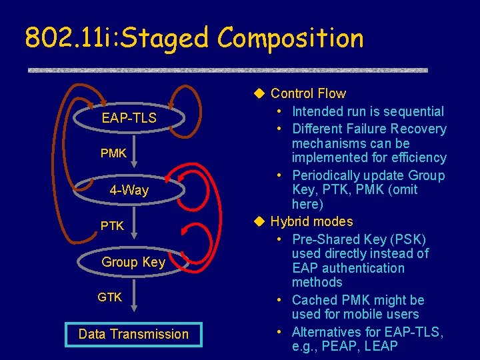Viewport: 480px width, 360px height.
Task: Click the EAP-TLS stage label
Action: pos(129,118)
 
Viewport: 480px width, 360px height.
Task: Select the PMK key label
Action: pos(113,153)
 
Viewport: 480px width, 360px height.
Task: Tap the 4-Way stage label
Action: pos(129,191)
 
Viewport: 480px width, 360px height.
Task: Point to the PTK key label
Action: pos(112,226)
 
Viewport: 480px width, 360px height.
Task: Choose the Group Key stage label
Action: pos(133,262)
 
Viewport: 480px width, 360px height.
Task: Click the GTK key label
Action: pos(110,297)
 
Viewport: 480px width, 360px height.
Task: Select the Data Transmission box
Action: pos(133,334)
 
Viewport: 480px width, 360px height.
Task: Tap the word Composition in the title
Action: pos(291,39)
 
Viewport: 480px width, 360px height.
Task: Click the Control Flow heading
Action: pos(308,94)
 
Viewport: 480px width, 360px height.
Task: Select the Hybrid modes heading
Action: pos(311,221)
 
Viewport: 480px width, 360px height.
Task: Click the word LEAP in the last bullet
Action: pos(381,346)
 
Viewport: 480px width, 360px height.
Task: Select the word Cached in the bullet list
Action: pos(317,300)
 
